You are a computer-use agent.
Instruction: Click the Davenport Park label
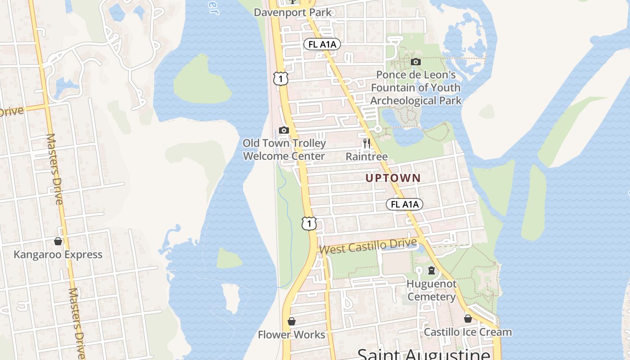point(292,12)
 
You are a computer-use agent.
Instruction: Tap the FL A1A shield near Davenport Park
point(322,44)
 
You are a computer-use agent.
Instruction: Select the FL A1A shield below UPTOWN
point(405,204)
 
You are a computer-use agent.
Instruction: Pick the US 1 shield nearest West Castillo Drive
point(309,223)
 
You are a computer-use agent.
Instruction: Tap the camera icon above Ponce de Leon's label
point(416,62)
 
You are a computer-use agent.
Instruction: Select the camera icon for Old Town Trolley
point(283,130)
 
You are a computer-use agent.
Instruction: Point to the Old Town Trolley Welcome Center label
point(284,150)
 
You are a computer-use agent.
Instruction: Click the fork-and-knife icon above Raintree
point(367,144)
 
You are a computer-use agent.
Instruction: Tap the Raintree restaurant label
point(367,157)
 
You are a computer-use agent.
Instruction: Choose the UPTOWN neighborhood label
point(393,178)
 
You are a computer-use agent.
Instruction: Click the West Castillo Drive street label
point(368,246)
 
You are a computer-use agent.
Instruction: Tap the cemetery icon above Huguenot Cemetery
point(432,270)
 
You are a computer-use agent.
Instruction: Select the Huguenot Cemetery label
point(432,290)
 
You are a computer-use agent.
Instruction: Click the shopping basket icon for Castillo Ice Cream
point(468,319)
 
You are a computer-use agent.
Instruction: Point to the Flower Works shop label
point(291,335)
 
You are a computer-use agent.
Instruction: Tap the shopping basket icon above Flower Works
point(291,321)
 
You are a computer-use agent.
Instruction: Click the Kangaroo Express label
point(58,255)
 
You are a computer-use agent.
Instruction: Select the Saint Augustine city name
point(423,354)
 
